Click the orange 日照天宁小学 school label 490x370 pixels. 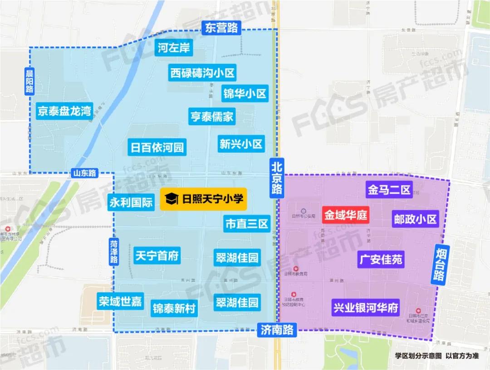[203, 199]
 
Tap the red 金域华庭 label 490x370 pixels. [346, 214]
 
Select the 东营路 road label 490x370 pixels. [221, 28]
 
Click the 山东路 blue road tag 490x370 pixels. [84, 173]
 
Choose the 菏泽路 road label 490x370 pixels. [114, 251]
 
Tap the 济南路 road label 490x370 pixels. [277, 330]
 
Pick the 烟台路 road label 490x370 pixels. [440, 264]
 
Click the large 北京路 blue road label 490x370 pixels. [276, 176]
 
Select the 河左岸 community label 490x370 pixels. [174, 48]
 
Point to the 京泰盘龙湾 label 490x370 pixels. [64, 111]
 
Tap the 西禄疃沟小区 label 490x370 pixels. [202, 73]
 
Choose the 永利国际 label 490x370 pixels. [131, 202]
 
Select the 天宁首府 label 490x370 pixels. [157, 256]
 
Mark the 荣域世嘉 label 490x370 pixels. [120, 301]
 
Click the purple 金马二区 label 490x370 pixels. [389, 189]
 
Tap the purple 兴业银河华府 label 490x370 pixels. [365, 308]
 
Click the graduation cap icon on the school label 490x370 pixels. [171, 199]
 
